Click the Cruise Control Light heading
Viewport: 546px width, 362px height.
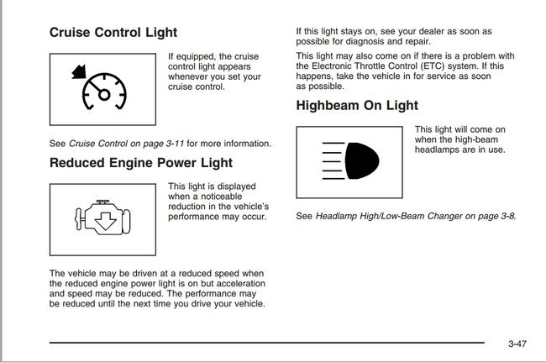click(x=113, y=33)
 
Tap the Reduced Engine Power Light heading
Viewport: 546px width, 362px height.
click(x=141, y=162)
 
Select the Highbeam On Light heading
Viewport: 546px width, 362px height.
click(x=357, y=106)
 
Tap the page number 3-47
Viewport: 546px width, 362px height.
click(x=517, y=344)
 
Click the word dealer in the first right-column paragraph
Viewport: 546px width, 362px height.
click(x=424, y=31)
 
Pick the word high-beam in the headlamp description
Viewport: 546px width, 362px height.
click(x=466, y=139)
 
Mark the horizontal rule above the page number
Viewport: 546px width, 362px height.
click(x=267, y=343)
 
